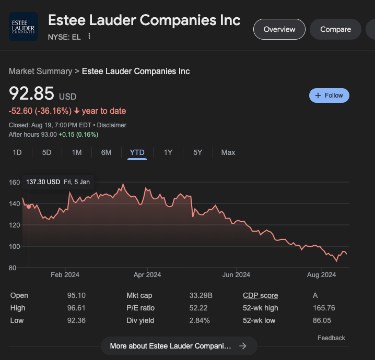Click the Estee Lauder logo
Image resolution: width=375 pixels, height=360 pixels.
pos(24,27)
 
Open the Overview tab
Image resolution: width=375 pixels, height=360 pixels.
pos(279,29)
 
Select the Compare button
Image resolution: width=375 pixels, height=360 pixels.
pos(335,29)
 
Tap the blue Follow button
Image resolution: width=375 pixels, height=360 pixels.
pos(329,95)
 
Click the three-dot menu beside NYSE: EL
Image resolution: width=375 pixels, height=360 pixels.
pos(89,36)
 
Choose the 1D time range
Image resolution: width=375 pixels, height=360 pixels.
pos(17,152)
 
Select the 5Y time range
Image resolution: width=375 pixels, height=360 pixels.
pos(197,152)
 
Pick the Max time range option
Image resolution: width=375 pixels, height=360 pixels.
pos(228,152)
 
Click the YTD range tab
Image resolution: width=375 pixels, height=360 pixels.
pos(137,152)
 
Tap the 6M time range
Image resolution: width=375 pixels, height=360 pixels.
pos(106,152)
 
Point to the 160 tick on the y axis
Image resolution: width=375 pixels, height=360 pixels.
pos(14,182)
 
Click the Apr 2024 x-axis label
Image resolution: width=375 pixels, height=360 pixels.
pos(147,275)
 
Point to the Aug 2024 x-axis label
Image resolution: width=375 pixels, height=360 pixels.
pos(321,275)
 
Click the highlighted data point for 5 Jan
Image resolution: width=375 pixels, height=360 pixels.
pos(29,207)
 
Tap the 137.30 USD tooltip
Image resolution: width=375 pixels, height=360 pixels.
pos(57,182)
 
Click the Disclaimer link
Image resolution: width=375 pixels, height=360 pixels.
pos(112,125)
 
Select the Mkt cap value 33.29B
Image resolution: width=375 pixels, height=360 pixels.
pos(201,295)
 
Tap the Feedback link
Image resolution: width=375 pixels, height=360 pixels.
pos(331,338)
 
